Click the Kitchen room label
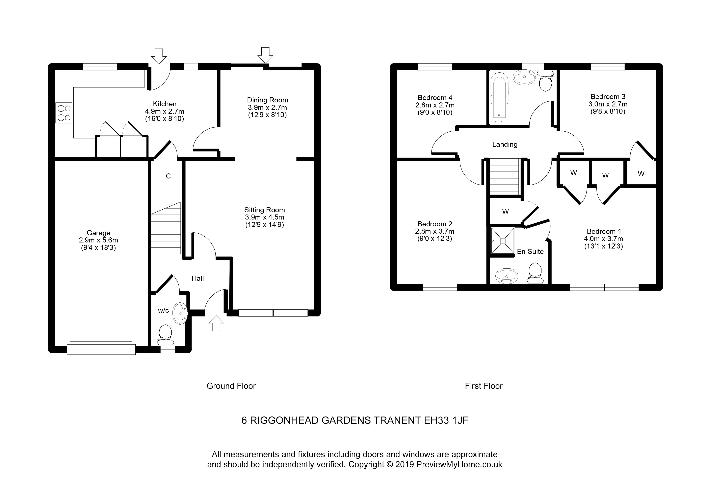tap(164, 104)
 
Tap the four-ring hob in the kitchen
tap(64, 113)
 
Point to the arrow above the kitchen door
tap(159, 56)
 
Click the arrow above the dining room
tap(265, 55)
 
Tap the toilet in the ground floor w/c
tap(165, 335)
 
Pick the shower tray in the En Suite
tap(502, 241)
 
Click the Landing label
tap(505, 144)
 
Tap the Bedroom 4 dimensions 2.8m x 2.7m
tap(435, 105)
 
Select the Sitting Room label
tap(264, 210)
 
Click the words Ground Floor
tap(231, 386)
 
